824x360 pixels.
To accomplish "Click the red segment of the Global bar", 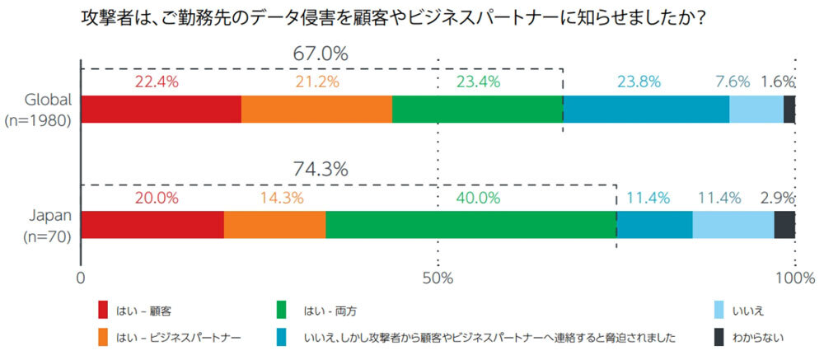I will pos(161,110).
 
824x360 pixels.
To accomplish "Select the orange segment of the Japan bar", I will pos(274,225).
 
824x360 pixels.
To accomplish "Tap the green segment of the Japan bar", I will pos(471,225).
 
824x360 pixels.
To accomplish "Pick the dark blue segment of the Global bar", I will pos(645,110).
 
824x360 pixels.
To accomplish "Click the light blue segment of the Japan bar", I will pos(733,225).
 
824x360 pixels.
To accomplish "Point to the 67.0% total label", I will pos(321,54).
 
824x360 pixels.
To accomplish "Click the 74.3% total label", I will pos(321,169).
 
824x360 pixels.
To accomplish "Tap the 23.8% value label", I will pos(639,82).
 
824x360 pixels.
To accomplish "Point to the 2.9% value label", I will pos(777,198).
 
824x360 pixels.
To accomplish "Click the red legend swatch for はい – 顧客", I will pos(103,310).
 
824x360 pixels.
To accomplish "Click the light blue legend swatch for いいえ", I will pos(718,310).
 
